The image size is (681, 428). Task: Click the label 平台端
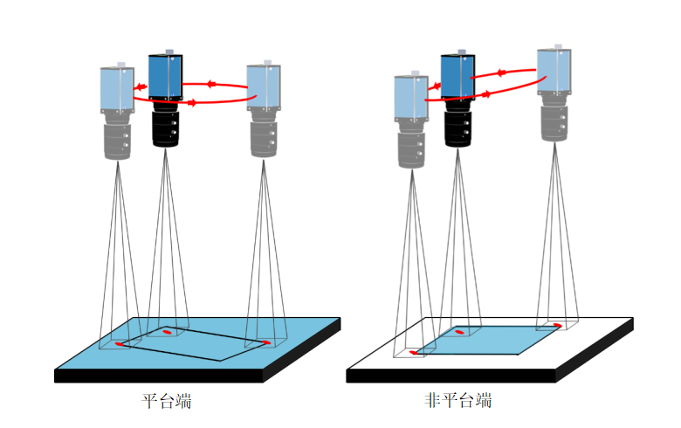click(167, 402)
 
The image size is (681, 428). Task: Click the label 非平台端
click(457, 402)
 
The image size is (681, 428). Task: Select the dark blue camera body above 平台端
click(166, 77)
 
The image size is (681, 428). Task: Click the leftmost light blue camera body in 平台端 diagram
click(117, 89)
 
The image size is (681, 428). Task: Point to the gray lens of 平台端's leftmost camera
click(118, 140)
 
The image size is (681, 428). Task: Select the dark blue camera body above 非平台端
click(457, 77)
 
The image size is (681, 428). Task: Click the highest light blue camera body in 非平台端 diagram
click(554, 70)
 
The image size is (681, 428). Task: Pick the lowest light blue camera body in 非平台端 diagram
click(410, 98)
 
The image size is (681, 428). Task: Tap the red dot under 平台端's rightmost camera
click(265, 342)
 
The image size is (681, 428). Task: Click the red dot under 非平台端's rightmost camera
click(556, 326)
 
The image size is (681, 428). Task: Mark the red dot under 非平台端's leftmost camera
click(415, 352)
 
